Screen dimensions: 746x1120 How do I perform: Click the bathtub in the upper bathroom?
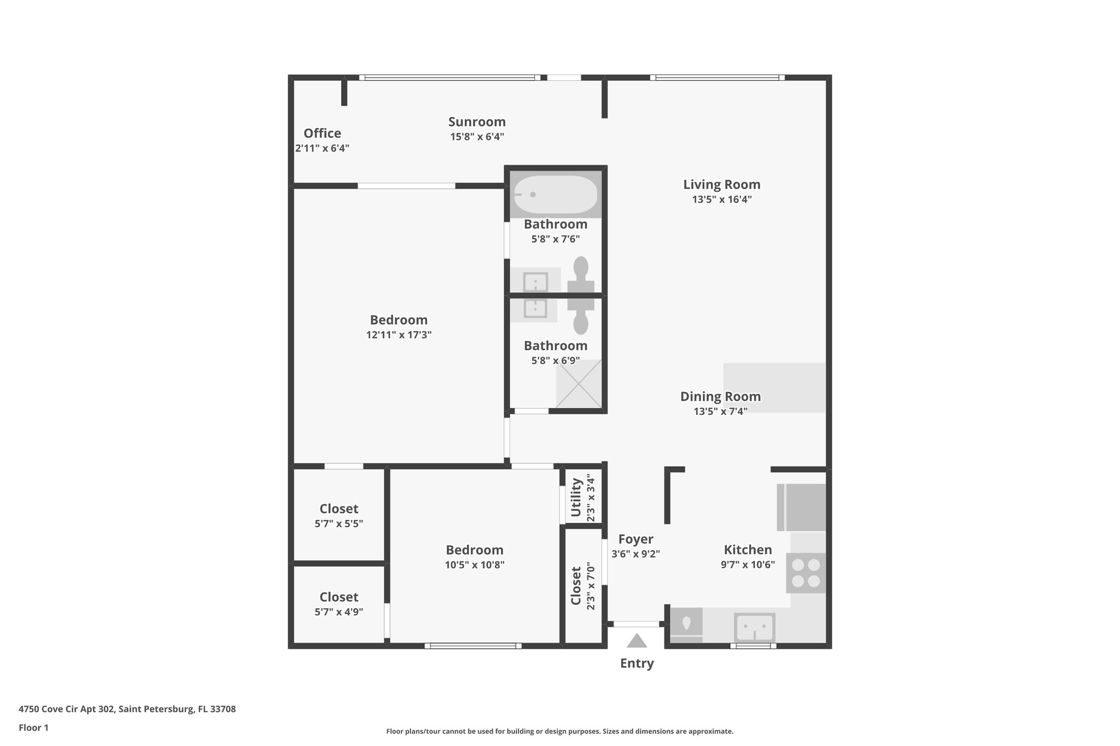click(x=556, y=195)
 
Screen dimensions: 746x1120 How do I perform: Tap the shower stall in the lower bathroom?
click(x=579, y=384)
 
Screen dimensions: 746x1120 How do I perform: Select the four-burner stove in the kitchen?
click(x=806, y=573)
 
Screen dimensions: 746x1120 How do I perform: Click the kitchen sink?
click(x=754, y=627)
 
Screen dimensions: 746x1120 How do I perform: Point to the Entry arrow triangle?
click(x=637, y=641)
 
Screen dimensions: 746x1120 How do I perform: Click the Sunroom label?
click(x=477, y=122)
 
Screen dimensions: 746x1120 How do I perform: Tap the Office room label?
click(x=322, y=133)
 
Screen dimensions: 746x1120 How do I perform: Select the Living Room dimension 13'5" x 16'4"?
click(x=721, y=199)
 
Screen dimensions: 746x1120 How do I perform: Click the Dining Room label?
click(x=720, y=397)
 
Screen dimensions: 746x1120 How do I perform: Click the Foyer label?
click(x=635, y=539)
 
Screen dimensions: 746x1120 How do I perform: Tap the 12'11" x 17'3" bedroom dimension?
click(x=399, y=335)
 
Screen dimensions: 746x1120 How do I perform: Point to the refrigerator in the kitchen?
click(x=802, y=507)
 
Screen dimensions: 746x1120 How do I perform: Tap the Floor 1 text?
click(x=33, y=728)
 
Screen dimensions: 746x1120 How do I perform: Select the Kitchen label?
click(x=748, y=550)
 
